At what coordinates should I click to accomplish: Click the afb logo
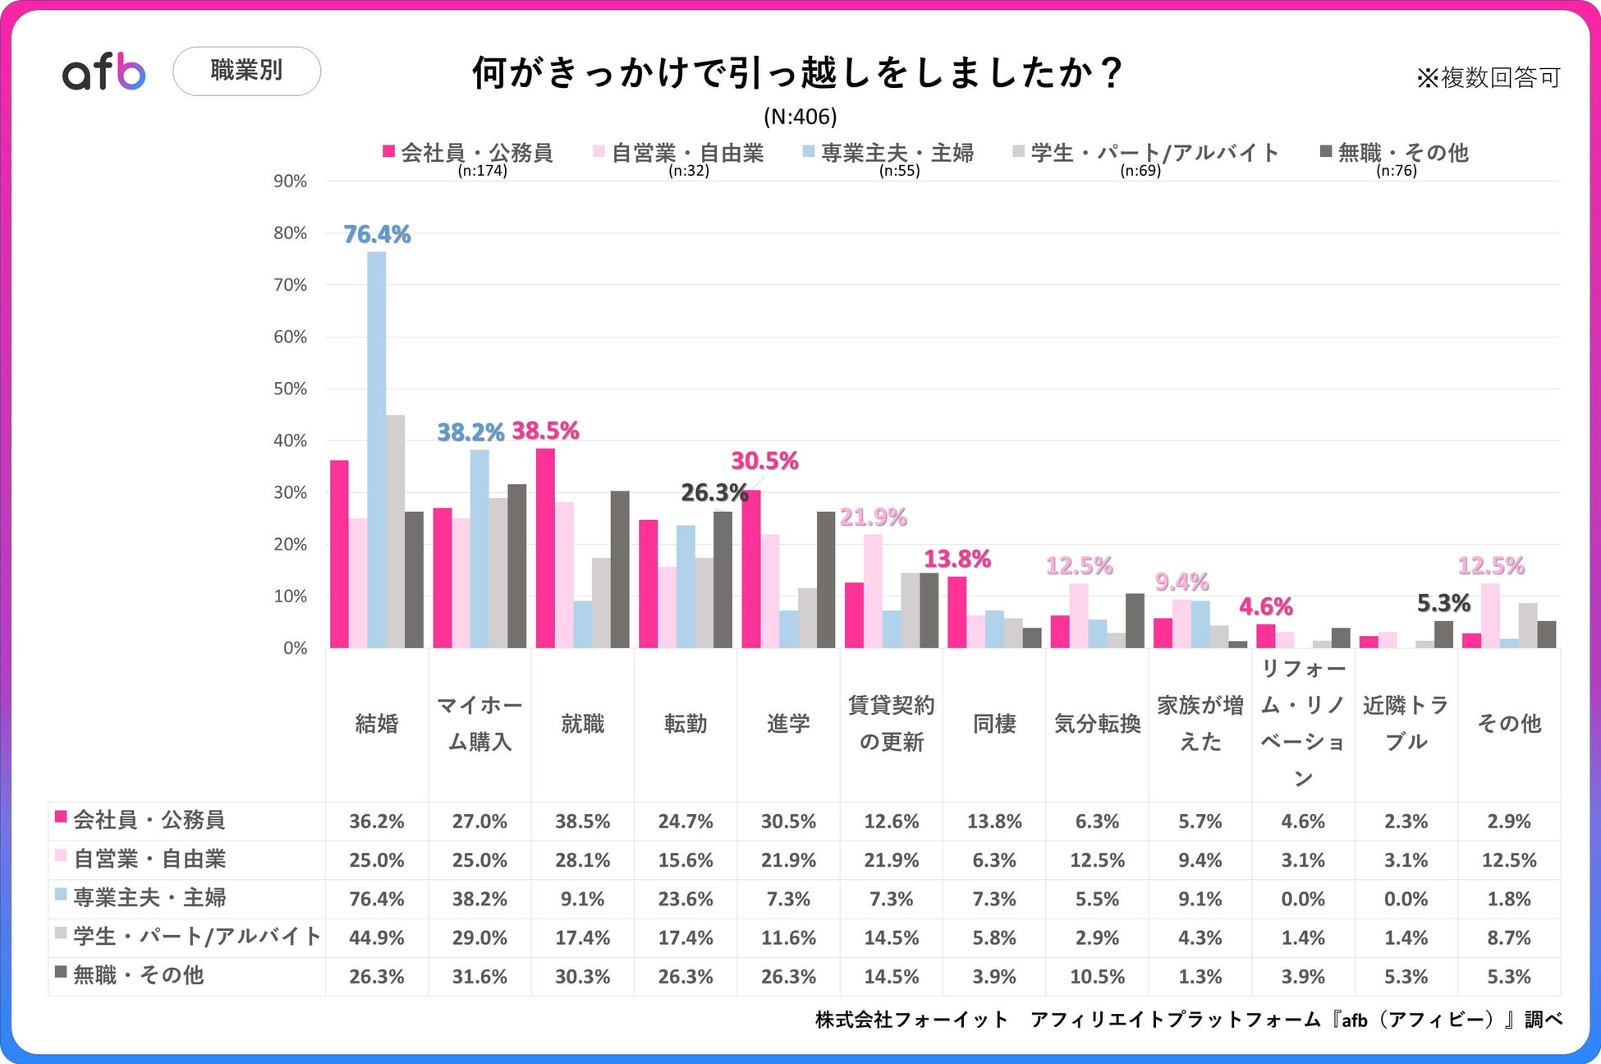coord(104,72)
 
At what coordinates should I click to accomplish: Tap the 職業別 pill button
coord(246,71)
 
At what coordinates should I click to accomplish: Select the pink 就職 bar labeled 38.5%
coord(545,548)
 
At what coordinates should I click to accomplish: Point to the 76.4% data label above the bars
coord(377,235)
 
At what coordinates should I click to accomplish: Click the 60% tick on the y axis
coord(290,337)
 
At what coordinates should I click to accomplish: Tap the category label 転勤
coord(686,724)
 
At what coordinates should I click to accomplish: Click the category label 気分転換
coord(1098,724)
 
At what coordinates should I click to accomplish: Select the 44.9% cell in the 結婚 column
coord(377,937)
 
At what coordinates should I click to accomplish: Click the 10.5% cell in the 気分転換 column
coord(1098,977)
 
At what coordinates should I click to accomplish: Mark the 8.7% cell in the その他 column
coord(1509,937)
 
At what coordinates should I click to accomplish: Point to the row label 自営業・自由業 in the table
coord(149,859)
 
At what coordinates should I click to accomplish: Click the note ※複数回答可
coord(1488,78)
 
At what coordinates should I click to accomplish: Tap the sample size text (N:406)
coord(800,117)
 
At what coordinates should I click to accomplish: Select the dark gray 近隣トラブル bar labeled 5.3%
coord(1443,634)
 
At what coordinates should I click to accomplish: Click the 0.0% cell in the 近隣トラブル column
coord(1406,899)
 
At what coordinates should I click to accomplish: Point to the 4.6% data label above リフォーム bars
coord(1265,607)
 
